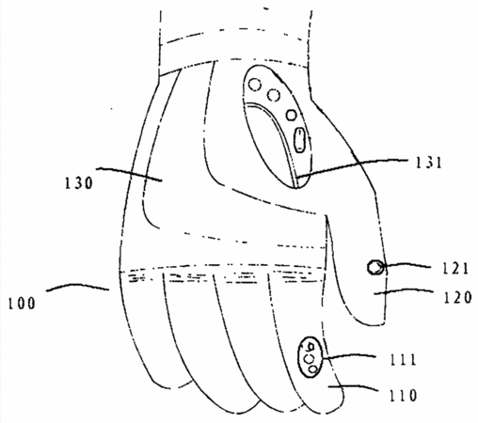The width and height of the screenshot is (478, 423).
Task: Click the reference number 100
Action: pos(22,304)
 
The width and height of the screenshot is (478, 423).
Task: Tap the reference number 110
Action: pos(403,396)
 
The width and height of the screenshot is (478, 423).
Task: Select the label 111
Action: pos(403,359)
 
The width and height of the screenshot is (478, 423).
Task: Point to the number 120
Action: pos(457,297)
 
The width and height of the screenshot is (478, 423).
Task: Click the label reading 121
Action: pos(455,269)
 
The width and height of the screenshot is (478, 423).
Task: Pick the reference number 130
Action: pos(78,182)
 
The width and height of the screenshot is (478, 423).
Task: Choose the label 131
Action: pos(428,163)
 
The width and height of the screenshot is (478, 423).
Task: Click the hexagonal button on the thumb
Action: pos(374,268)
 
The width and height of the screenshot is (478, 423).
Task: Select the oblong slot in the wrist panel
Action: pos(300,140)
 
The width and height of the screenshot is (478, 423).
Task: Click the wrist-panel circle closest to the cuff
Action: pos(255,85)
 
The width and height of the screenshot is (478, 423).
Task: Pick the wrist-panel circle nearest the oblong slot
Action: pos(292,115)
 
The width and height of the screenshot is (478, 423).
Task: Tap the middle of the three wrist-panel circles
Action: pos(274,94)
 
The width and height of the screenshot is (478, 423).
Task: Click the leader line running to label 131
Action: pos(352,164)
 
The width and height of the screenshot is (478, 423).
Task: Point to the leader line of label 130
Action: pos(129,173)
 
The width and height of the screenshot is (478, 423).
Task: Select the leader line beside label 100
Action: pos(78,287)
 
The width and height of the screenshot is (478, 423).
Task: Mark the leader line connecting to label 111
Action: pos(349,356)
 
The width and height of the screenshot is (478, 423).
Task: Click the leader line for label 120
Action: pos(404,291)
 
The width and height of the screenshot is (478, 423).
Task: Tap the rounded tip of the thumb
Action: pos(370,324)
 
